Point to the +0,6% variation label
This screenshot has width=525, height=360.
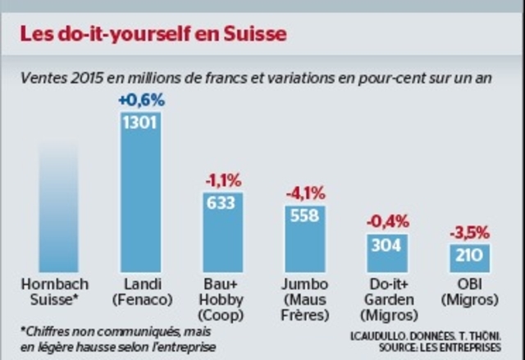tap(141, 101)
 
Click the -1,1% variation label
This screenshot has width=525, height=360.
tap(223, 180)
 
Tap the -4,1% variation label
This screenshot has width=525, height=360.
tap(305, 194)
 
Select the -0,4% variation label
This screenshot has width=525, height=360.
tap(387, 222)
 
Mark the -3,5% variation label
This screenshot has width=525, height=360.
tap(469, 233)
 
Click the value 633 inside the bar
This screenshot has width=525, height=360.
tap(223, 203)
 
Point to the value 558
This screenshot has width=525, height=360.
tap(305, 215)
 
